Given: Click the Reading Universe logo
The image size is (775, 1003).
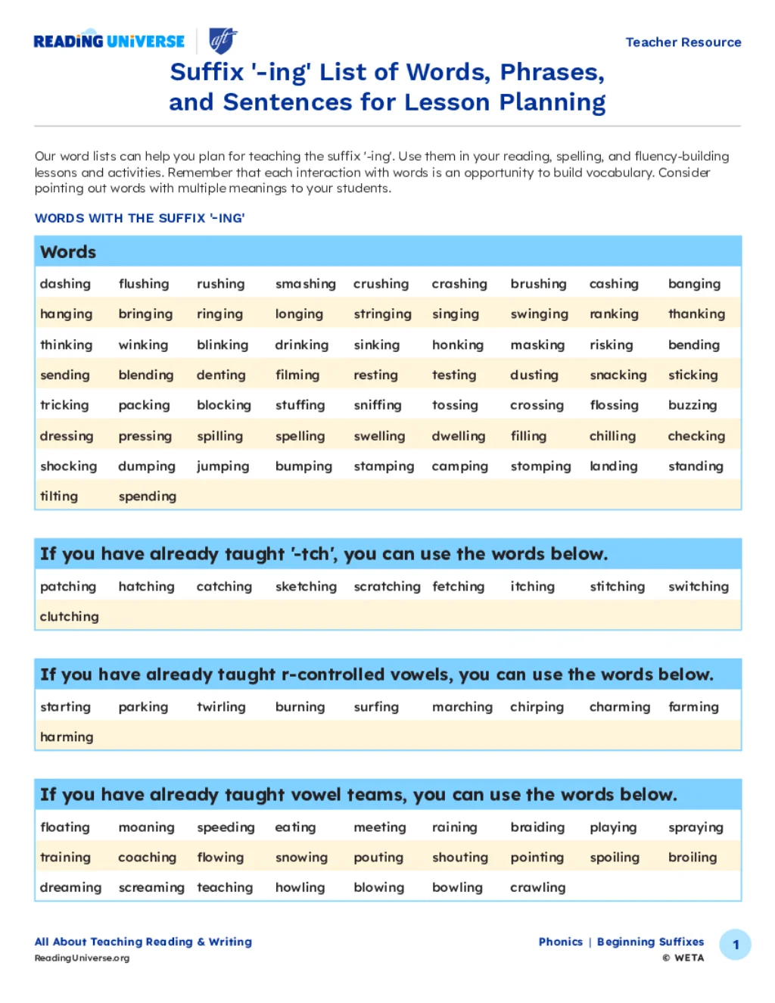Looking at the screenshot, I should (x=109, y=41).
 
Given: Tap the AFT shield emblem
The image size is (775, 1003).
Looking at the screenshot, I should (x=223, y=40).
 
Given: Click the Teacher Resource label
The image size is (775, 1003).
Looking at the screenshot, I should (x=683, y=42).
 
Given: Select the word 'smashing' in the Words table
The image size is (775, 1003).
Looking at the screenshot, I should (x=305, y=284).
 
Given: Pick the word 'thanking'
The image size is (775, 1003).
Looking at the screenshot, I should (x=696, y=314).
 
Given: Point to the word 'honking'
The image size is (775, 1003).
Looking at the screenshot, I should (x=457, y=345).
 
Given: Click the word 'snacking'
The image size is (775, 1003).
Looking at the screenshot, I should (x=618, y=375).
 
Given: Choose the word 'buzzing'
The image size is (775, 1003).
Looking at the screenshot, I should (x=692, y=406).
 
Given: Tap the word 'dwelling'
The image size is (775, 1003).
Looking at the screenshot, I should (x=458, y=436).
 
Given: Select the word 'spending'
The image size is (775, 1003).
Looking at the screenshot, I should (x=147, y=497).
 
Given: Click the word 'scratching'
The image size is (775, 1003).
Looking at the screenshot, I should (x=387, y=587).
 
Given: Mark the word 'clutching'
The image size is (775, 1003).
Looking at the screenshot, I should (x=69, y=617).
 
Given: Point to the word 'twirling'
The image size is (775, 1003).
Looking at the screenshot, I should (x=221, y=707).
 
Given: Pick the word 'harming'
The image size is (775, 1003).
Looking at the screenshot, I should (x=67, y=737).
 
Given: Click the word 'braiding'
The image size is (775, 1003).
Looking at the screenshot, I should (x=537, y=827).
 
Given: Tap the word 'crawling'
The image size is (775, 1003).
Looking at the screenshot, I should (x=537, y=887).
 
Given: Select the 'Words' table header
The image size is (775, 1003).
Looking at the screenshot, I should (x=68, y=252).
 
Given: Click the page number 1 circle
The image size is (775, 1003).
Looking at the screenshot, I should (x=735, y=945).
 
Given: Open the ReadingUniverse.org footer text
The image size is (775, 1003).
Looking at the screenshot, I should (x=82, y=958).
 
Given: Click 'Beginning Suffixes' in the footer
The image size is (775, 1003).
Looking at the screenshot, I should (x=650, y=942).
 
